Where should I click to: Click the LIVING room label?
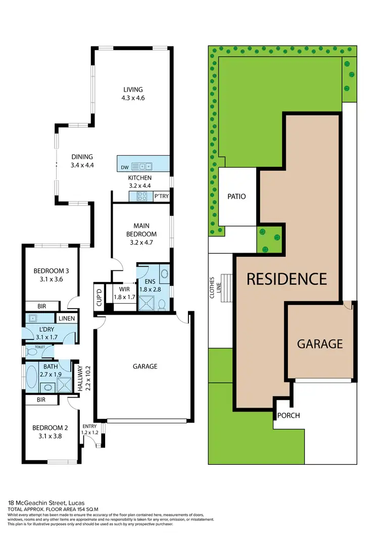click(x=132, y=90)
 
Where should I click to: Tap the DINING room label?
click(x=82, y=157)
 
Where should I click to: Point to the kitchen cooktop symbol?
click(x=142, y=196)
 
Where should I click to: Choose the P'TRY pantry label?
click(x=161, y=196)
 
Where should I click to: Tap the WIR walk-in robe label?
click(x=125, y=289)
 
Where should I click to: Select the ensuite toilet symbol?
click(x=161, y=304)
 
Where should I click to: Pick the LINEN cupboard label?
click(x=67, y=318)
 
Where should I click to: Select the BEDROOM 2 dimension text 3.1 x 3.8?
click(x=50, y=436)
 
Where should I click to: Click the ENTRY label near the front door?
click(x=90, y=426)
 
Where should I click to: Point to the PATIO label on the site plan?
click(x=236, y=196)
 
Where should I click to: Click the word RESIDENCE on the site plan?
click(x=287, y=278)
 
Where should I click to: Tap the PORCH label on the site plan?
click(x=289, y=416)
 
